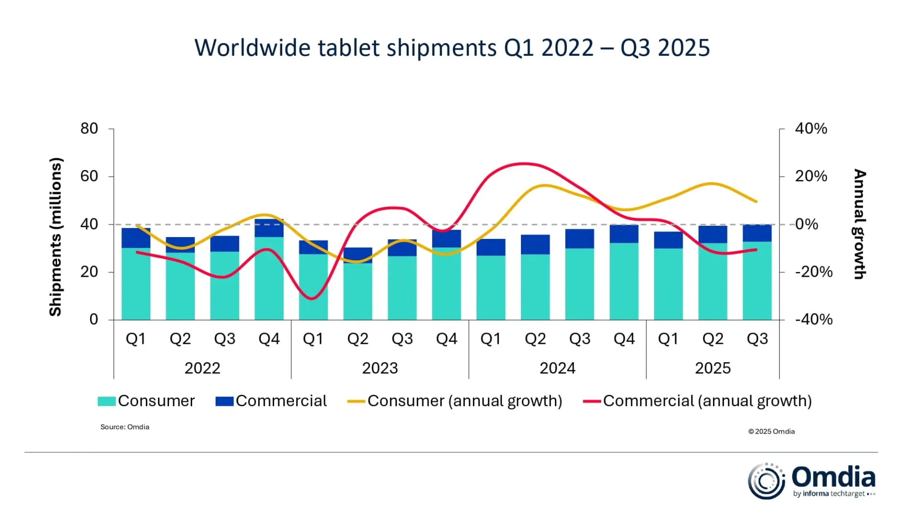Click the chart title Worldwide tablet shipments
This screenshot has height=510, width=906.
452,48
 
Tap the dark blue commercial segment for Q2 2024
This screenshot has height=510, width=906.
535,245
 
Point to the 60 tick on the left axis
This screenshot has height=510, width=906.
89,176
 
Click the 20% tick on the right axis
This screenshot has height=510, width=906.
811,176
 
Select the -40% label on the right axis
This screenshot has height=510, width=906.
814,320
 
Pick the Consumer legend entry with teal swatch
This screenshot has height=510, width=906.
146,401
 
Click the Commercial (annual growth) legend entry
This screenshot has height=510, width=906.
697,401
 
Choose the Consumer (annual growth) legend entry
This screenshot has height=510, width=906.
455,401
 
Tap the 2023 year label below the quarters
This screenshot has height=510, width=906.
380,368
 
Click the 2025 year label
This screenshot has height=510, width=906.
713,368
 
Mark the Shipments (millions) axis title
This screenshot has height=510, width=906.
56,236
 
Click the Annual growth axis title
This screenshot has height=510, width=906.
860,224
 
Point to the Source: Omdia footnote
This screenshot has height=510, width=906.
125,427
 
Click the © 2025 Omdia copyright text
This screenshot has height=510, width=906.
771,432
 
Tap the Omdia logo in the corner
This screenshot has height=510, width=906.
812,481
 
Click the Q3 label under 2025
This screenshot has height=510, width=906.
757,339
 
